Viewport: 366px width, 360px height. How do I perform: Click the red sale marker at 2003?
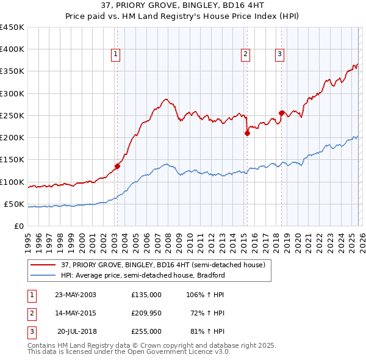pos(118,165)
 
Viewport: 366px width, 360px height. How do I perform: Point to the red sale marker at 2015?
pos(248,133)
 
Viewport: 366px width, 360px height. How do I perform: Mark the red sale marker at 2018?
pos(281,113)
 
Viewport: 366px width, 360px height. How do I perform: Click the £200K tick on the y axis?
pos(13,138)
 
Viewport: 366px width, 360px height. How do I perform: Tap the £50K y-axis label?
pos(15,204)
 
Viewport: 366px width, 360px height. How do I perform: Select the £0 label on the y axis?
pos(19,226)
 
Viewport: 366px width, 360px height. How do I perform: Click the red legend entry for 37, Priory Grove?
pos(163,265)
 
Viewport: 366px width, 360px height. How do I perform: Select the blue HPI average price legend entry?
pos(143,275)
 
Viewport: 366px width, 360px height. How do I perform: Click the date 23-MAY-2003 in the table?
pos(76,294)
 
